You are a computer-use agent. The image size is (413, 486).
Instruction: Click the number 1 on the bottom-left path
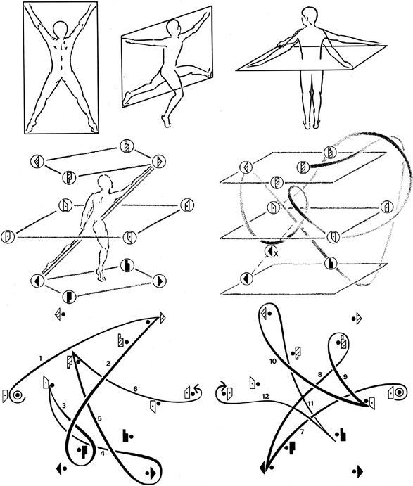[40, 359]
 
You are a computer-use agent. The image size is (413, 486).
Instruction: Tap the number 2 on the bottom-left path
[108, 364]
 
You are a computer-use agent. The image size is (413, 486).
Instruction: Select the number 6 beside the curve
[135, 389]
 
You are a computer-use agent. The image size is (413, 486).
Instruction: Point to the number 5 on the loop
[99, 418]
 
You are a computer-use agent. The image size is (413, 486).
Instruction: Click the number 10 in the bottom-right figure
[273, 361]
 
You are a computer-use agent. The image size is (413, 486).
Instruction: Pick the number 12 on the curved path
[265, 396]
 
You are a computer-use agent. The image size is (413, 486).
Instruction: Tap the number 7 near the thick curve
[303, 431]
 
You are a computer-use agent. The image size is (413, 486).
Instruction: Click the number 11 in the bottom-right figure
[311, 403]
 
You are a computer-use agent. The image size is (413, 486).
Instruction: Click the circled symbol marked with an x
[270, 251]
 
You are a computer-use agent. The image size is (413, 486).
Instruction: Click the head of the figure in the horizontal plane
[310, 15]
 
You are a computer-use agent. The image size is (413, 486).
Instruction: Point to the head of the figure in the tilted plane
[173, 27]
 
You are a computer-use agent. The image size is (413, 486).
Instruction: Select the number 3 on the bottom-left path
[64, 405]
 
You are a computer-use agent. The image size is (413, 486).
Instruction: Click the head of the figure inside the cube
[104, 182]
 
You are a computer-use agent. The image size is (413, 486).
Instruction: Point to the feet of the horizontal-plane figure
[311, 124]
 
